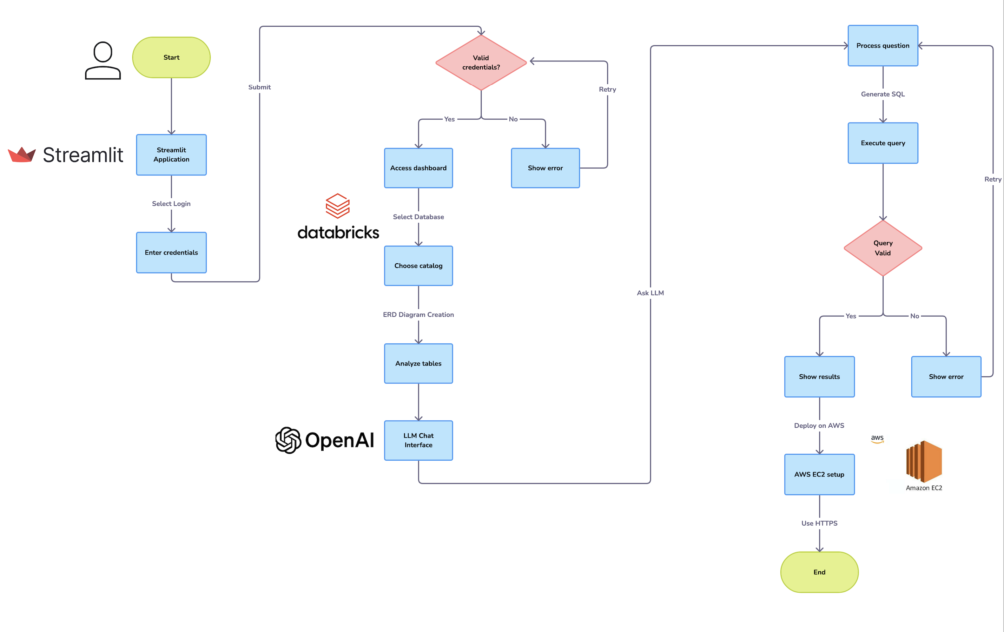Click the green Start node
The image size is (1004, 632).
point(171,58)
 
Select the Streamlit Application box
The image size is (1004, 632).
point(171,155)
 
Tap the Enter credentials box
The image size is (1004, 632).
point(171,253)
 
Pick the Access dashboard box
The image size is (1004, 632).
point(418,168)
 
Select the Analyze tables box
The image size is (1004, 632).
point(418,363)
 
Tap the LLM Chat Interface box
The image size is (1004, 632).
point(418,440)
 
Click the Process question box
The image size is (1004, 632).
point(883,46)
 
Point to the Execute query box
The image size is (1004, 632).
point(883,143)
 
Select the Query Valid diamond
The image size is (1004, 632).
point(883,248)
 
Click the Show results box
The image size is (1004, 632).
point(819,376)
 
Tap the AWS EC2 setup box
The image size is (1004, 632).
point(819,474)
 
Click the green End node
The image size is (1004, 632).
point(819,572)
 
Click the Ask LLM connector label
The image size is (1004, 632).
point(650,293)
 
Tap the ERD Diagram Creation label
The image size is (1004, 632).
point(418,315)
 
